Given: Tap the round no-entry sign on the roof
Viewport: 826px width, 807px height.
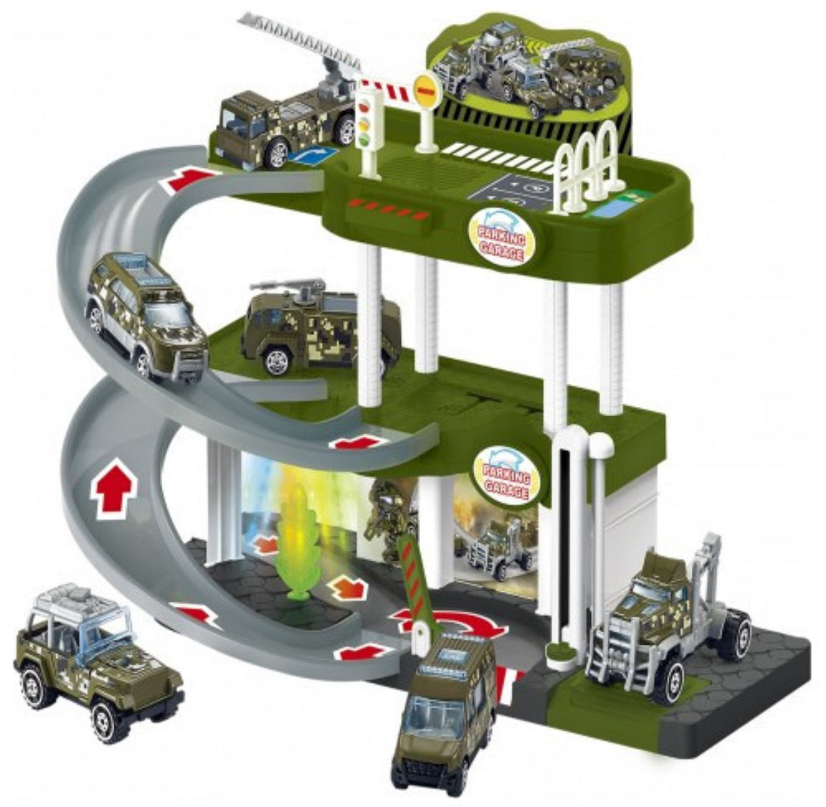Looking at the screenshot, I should pyautogui.click(x=426, y=90).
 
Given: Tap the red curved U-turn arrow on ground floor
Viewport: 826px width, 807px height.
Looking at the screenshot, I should pyautogui.click(x=452, y=624).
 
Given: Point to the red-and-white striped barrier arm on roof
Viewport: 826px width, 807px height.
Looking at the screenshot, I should pyautogui.click(x=390, y=92).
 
